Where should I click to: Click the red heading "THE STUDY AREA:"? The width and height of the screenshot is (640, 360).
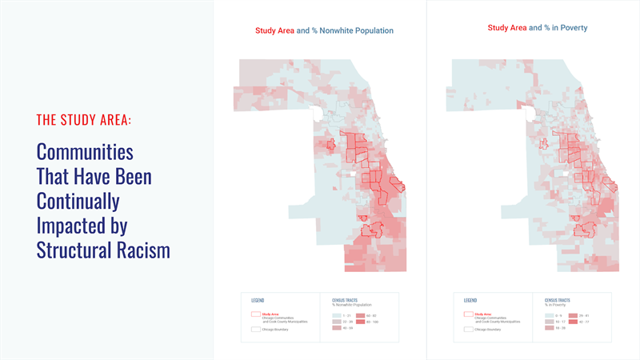pos(84,120)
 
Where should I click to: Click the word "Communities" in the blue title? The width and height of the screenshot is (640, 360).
pos(85,151)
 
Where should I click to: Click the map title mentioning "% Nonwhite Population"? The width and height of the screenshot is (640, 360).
pos(324,30)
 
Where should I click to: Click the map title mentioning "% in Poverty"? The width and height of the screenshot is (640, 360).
pos(538,28)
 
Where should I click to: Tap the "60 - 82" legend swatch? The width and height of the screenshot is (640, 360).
pos(360,316)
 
